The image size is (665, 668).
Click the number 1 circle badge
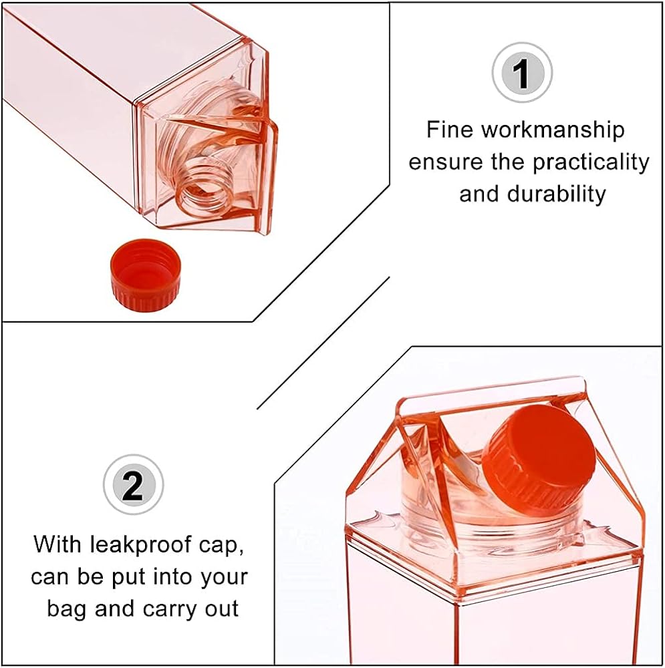(522, 72)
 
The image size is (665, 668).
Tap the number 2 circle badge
(133, 485)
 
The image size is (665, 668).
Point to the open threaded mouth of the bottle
(205, 192)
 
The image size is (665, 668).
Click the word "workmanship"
(553, 130)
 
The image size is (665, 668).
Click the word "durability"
(556, 194)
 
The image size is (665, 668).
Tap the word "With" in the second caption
(57, 544)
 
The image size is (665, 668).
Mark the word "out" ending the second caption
(222, 610)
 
